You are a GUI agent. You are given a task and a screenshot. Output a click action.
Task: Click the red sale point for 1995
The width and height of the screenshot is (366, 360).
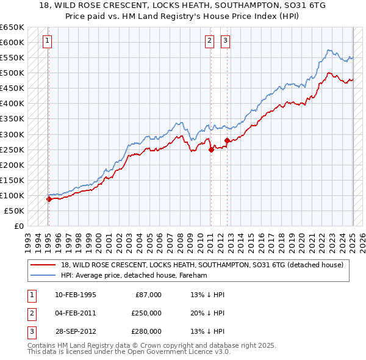(x=49, y=199)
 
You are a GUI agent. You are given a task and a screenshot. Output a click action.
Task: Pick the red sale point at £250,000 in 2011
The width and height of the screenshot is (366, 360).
(x=211, y=149)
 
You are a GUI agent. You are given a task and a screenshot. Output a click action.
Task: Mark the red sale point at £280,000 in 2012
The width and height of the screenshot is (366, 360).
(x=228, y=140)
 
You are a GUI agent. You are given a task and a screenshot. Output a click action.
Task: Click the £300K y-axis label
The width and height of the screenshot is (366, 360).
(x=12, y=134)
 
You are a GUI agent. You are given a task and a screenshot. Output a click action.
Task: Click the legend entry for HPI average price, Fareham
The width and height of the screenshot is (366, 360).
(x=134, y=275)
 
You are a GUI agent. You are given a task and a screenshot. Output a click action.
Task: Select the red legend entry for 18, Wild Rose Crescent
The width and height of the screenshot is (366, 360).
(x=202, y=265)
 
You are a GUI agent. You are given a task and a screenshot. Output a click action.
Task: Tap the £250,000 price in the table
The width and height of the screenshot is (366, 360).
(x=146, y=313)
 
